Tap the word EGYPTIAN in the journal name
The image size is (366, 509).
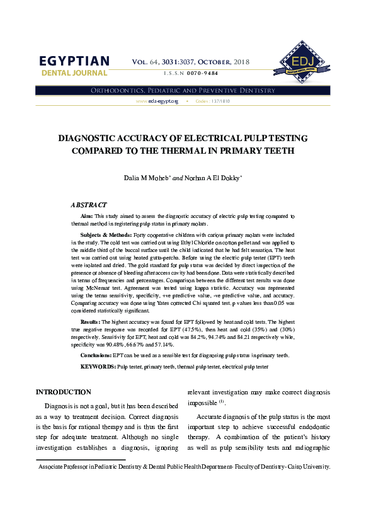[74, 61]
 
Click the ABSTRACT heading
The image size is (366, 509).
[89, 205]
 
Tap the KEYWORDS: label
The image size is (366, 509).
[98, 366]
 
